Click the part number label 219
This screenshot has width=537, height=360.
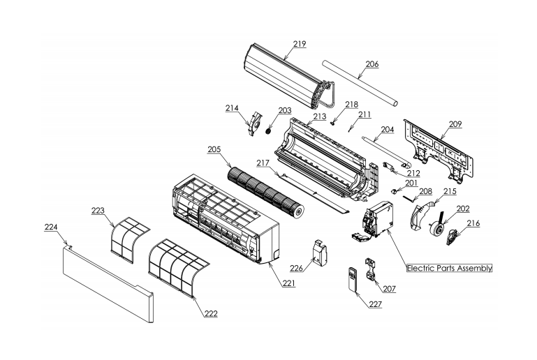tap(299, 44)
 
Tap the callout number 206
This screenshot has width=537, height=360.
tap(372, 63)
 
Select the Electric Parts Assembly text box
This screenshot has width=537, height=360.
tap(449, 268)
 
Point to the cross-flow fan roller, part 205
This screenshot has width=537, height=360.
tap(265, 192)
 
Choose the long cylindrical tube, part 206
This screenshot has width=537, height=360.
tap(360, 82)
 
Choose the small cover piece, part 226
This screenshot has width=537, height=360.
tap(319, 251)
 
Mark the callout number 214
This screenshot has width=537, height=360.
tap(232, 108)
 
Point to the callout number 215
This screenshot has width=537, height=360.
tap(450, 190)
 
